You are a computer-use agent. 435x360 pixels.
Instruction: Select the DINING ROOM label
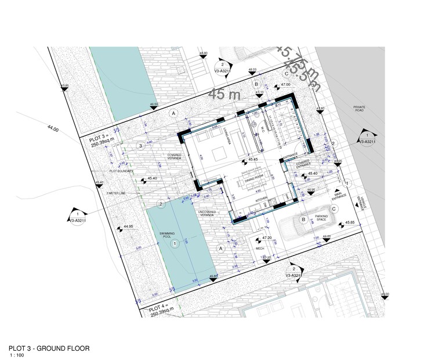point(252,177)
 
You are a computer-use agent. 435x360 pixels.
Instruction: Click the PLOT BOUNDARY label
point(122,172)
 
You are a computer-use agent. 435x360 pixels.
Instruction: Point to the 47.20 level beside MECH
point(267,238)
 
